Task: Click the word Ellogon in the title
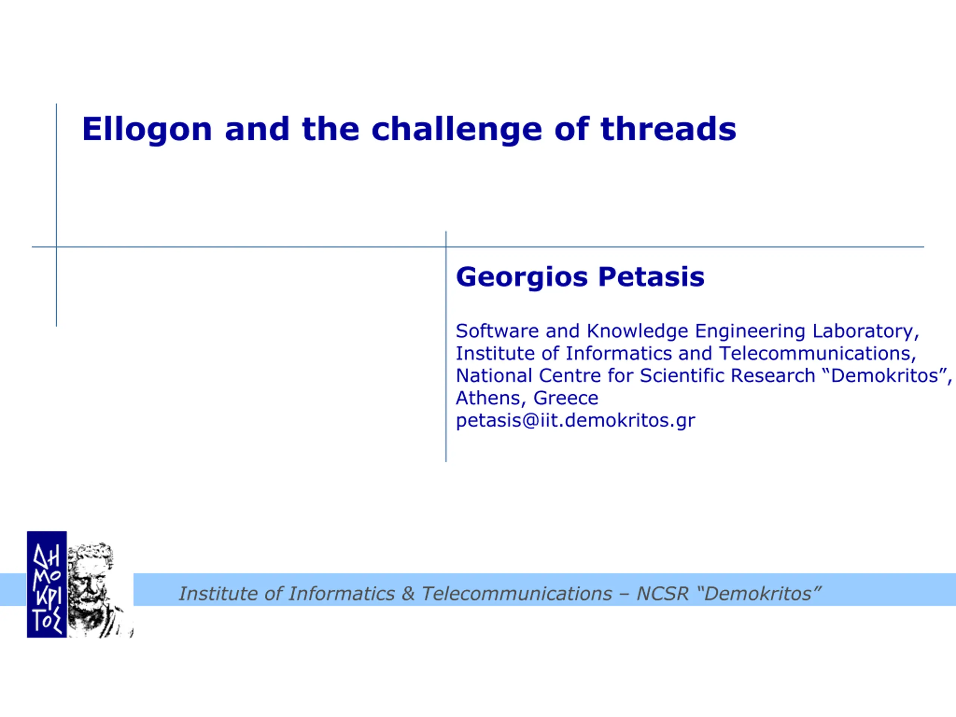[x=147, y=130]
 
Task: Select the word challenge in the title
[x=456, y=130]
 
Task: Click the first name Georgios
[x=522, y=277]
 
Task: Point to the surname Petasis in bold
[x=651, y=277]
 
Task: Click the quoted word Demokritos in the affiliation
[x=884, y=376]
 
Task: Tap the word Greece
[x=566, y=398]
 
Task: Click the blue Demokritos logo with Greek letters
[x=47, y=584]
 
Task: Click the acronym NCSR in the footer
[x=662, y=594]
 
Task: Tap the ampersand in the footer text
[x=408, y=594]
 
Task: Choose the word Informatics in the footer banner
[x=341, y=594]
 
